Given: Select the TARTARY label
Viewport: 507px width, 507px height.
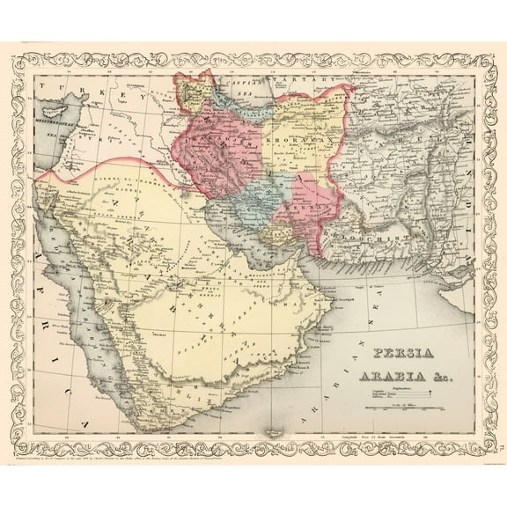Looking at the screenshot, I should (299, 80).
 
